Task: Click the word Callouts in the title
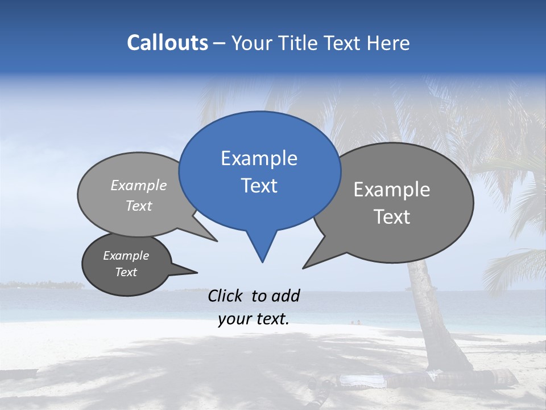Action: click(x=167, y=43)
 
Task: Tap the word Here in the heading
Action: click(x=388, y=43)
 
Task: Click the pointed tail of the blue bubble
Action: click(x=262, y=251)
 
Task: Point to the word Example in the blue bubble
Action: click(x=259, y=158)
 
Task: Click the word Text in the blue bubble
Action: click(x=259, y=186)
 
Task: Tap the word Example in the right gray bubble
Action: click(x=392, y=190)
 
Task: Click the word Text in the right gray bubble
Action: click(x=392, y=217)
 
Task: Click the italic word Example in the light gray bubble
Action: click(x=139, y=185)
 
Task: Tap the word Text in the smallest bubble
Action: click(x=126, y=272)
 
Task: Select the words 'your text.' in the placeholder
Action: click(x=254, y=319)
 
